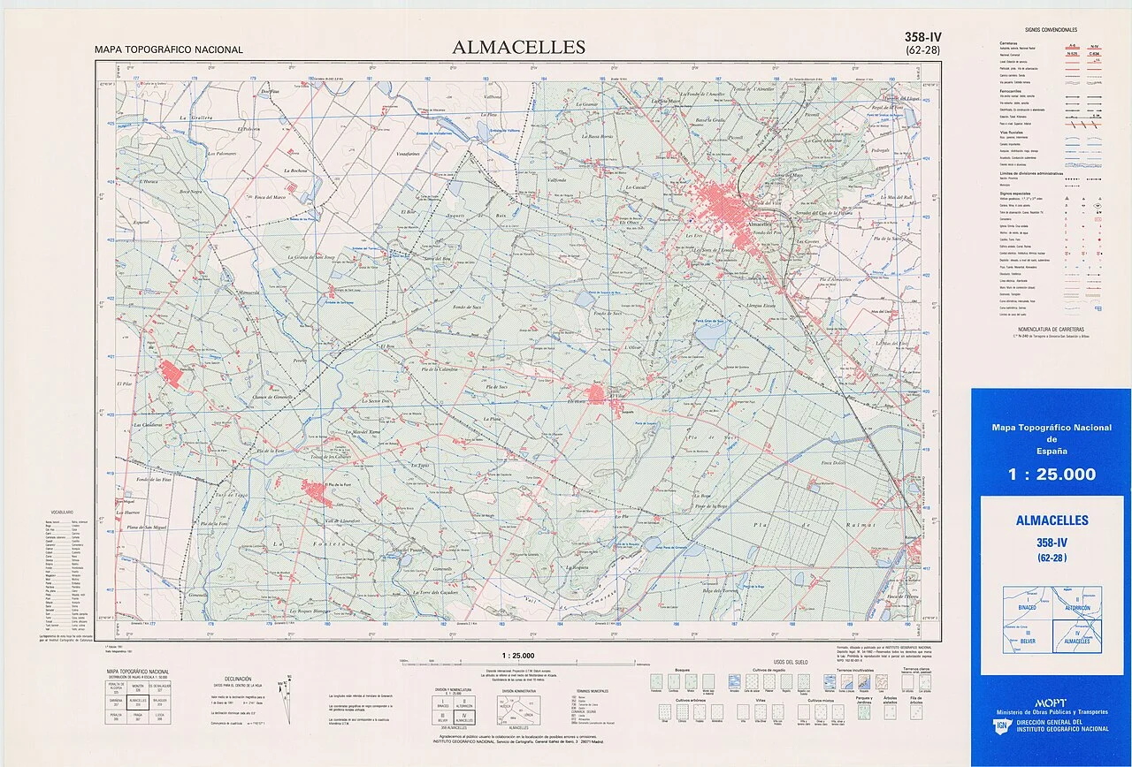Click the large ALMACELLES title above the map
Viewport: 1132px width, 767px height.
518,47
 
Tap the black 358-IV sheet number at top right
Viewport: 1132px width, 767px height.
922,37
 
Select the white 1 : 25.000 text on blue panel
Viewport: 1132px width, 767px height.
1051,475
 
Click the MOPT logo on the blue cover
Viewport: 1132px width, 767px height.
1050,702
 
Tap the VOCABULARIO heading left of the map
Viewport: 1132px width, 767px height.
62,512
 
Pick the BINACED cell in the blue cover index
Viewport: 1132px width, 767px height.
1027,609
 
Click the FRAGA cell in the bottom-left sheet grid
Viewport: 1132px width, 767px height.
137,715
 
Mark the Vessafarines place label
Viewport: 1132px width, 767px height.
409,154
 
